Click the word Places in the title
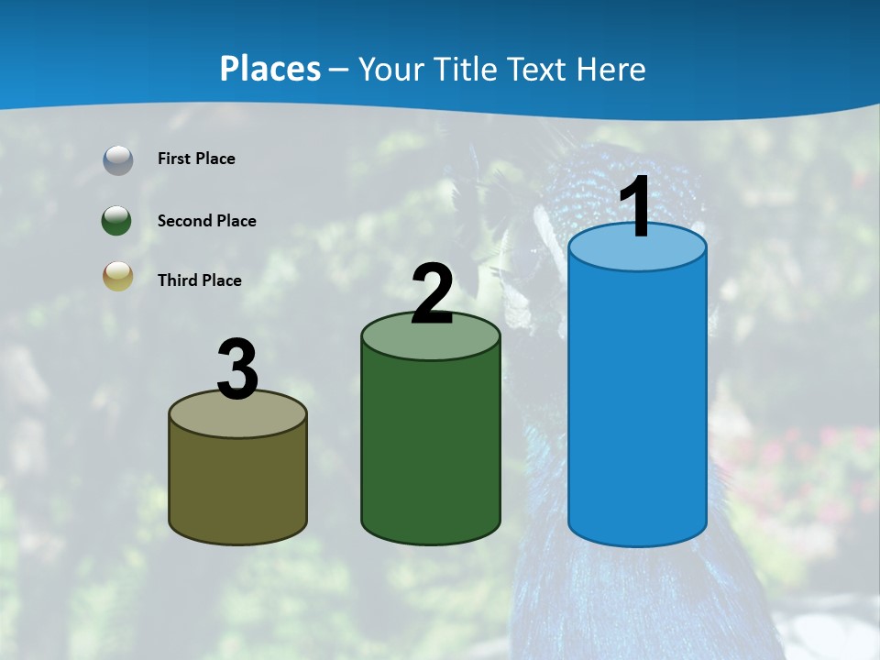[x=269, y=69]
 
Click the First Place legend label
[x=196, y=159]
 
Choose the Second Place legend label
[x=206, y=221]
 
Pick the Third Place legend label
[x=199, y=280]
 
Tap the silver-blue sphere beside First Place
[x=117, y=160]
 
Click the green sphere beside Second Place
[x=117, y=221]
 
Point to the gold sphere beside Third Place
[x=117, y=277]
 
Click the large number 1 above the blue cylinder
[x=636, y=207]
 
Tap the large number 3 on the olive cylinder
[x=238, y=369]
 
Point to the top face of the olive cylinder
[x=238, y=417]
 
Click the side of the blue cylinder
[x=637, y=403]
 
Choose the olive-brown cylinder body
[x=238, y=486]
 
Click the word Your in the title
[x=392, y=70]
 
